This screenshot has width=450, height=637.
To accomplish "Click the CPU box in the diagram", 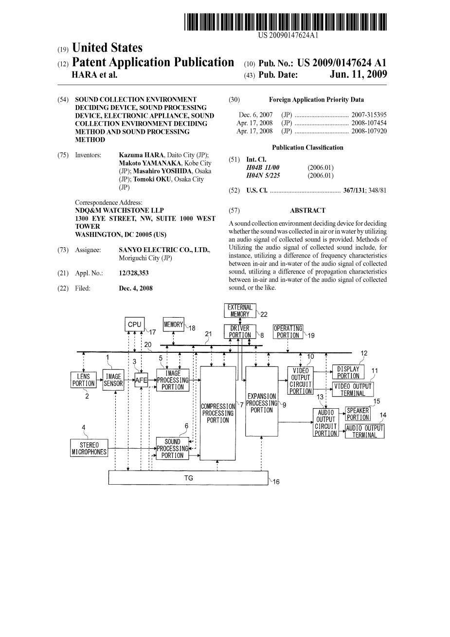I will (134, 324).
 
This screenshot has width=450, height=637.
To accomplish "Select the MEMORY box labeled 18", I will (174, 324).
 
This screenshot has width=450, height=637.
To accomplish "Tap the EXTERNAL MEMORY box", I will (240, 310).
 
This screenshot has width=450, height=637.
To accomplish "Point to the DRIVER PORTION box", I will (240, 331).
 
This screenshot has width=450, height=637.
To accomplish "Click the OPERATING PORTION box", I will (288, 331).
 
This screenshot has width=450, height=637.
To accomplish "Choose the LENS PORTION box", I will (84, 380).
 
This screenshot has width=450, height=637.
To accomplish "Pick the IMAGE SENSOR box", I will (113, 380).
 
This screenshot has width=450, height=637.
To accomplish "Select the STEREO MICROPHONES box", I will (89, 448).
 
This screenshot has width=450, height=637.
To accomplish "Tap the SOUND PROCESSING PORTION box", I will (172, 449).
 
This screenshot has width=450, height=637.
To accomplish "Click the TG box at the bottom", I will (188, 478).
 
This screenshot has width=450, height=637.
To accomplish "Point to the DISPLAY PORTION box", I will (348, 372).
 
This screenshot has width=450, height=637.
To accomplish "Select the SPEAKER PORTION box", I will (358, 414).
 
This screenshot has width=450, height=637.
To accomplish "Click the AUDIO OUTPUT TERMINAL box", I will (364, 432).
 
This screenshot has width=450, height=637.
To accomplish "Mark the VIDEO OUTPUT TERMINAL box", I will (353, 390).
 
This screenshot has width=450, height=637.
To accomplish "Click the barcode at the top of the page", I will (286, 22).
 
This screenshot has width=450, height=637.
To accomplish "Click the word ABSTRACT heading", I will (307, 211).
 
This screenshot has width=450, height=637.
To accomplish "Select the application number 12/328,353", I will (134, 273).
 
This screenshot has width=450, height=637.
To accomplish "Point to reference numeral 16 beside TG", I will (276, 482).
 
